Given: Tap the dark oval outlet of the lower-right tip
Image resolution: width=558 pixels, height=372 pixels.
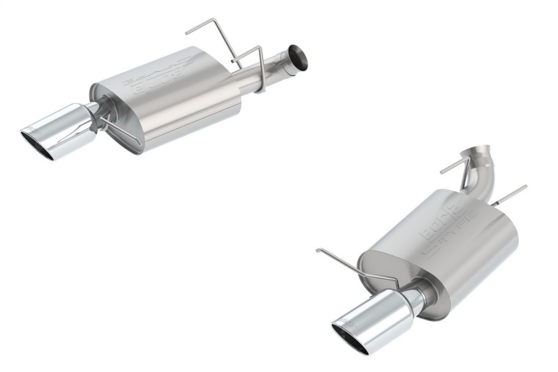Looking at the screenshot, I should point(352,336).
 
